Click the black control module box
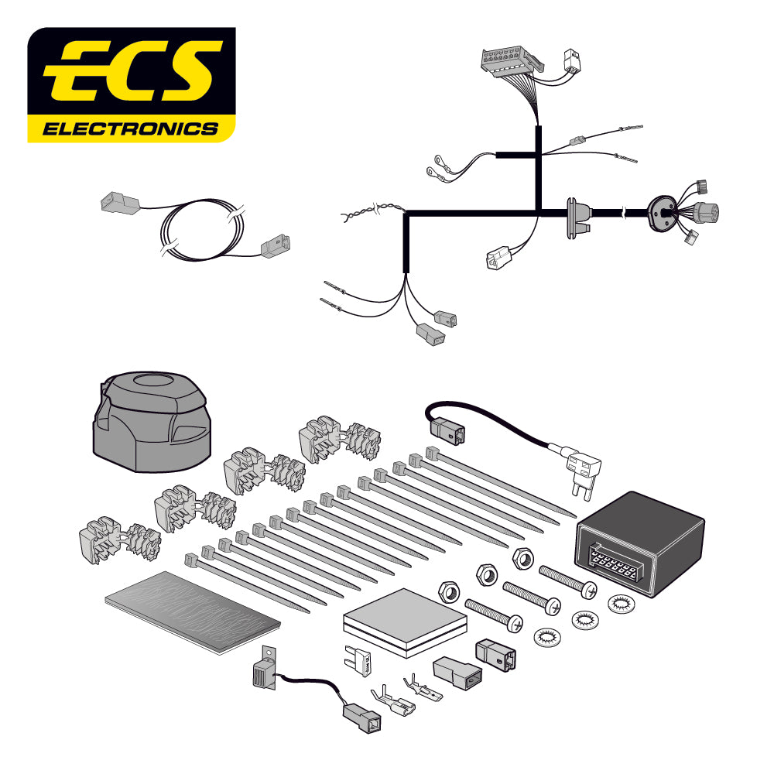[641, 542]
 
